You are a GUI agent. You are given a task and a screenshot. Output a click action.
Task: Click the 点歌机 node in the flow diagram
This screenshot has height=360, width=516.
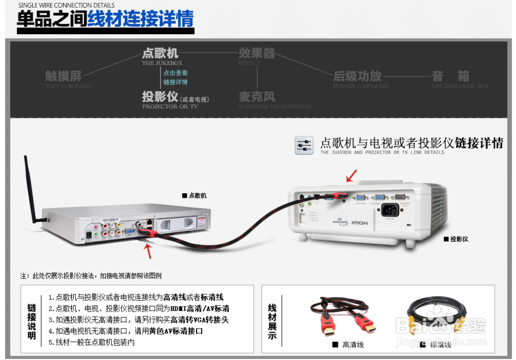tap(160, 53)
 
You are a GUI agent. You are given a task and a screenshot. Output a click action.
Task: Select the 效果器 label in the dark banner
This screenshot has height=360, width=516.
tap(256, 53)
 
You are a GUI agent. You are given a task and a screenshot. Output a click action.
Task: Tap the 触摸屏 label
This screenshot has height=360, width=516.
tap(63, 76)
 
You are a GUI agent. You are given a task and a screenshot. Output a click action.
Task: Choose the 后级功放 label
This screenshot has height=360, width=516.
tap(357, 76)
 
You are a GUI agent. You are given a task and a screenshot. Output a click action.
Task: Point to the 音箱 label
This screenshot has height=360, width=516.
tap(450, 76)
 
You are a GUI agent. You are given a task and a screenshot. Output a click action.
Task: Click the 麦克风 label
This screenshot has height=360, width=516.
tap(256, 96)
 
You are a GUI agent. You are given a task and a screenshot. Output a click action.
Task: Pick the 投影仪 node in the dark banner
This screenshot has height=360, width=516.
tap(160, 96)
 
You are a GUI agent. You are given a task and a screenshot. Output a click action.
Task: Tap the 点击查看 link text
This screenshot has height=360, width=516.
tap(175, 73)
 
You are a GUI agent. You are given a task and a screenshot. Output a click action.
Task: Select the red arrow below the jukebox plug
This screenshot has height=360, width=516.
tap(148, 251)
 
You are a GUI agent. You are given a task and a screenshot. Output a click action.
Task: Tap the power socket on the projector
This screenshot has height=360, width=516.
tap(391, 210)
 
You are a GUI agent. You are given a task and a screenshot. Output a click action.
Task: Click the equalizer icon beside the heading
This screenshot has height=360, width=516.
tap(304, 145)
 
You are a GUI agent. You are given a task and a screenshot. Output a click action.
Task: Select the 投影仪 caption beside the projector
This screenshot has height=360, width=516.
tap(459, 239)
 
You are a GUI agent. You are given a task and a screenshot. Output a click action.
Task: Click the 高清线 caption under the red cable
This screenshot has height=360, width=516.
tap(353, 345)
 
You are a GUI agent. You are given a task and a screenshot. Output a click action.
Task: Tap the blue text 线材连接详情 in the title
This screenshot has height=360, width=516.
tap(140, 19)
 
